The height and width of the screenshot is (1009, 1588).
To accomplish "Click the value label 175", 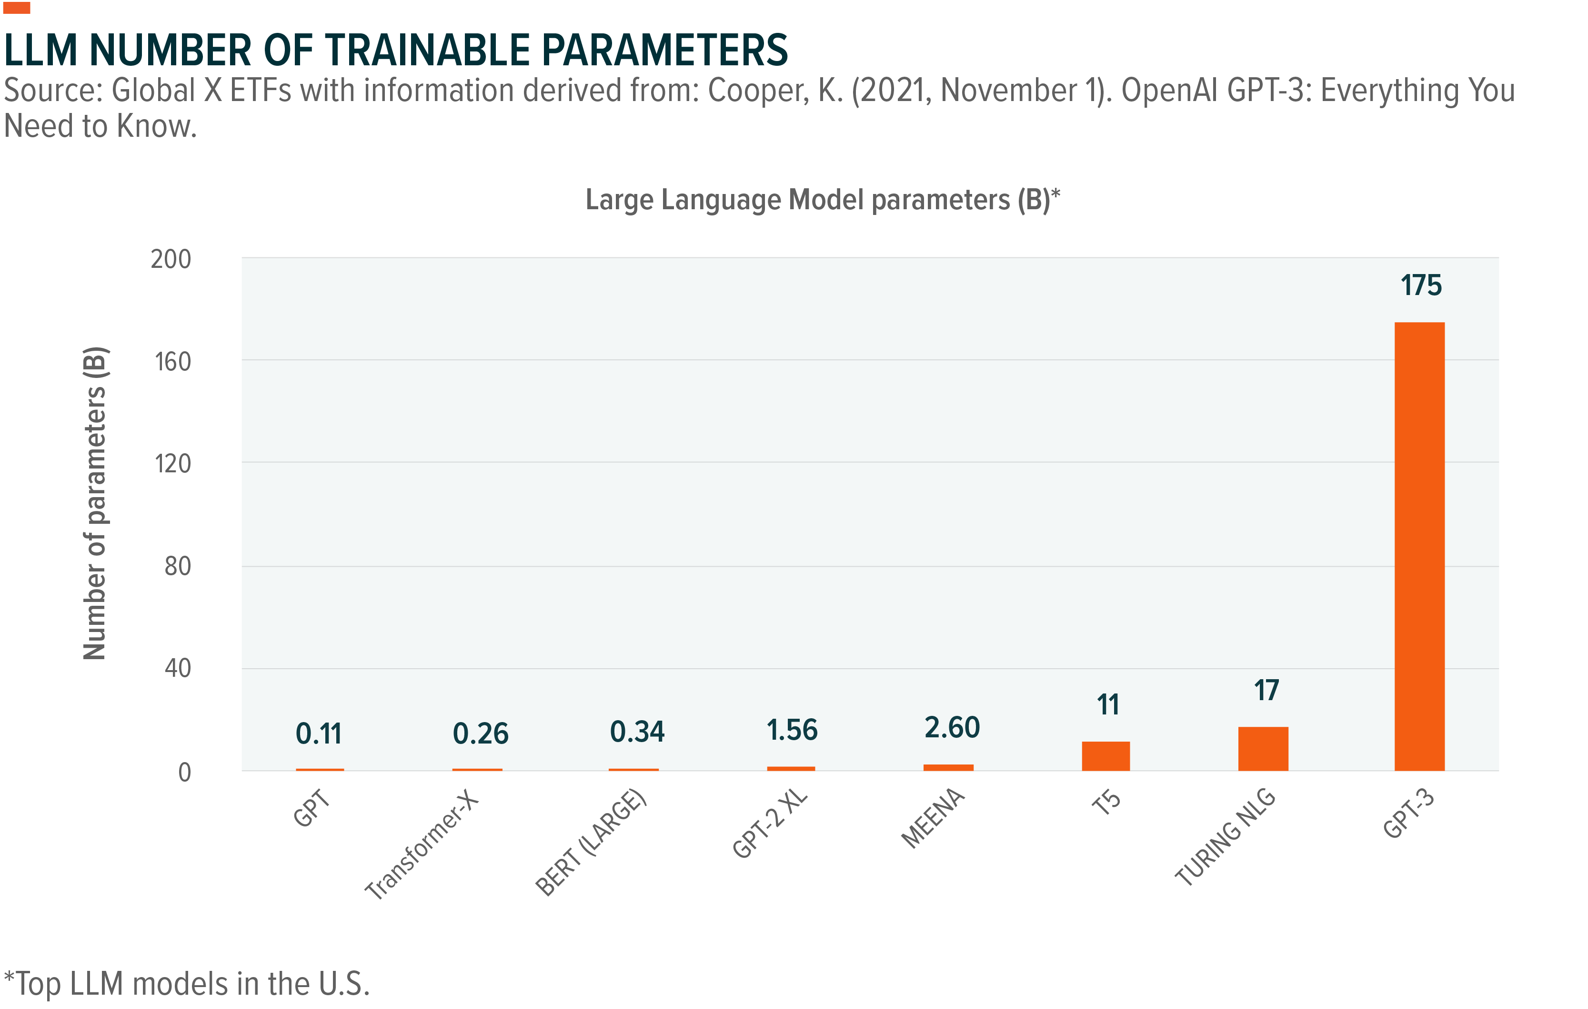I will [1421, 286].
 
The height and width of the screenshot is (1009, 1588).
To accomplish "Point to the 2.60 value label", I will [952, 728].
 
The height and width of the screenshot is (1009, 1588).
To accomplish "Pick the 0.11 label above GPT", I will [319, 734].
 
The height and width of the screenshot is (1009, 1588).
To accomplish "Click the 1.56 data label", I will [791, 731].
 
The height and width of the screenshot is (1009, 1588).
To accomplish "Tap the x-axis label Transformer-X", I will [422, 845].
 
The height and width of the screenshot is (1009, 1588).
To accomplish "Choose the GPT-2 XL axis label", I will [770, 823].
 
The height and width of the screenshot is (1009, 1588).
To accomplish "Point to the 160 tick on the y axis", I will [172, 362].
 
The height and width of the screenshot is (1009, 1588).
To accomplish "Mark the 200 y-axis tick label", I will [171, 259].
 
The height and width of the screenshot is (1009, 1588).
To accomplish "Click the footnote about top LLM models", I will [187, 983].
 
